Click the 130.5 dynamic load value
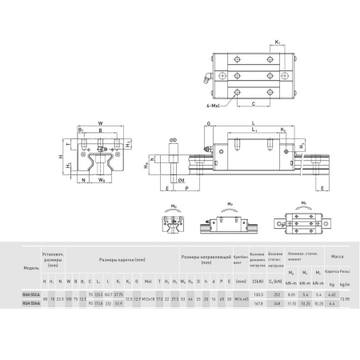tap(257, 294)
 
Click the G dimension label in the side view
tap(208, 122)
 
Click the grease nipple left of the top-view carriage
tap(207, 78)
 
